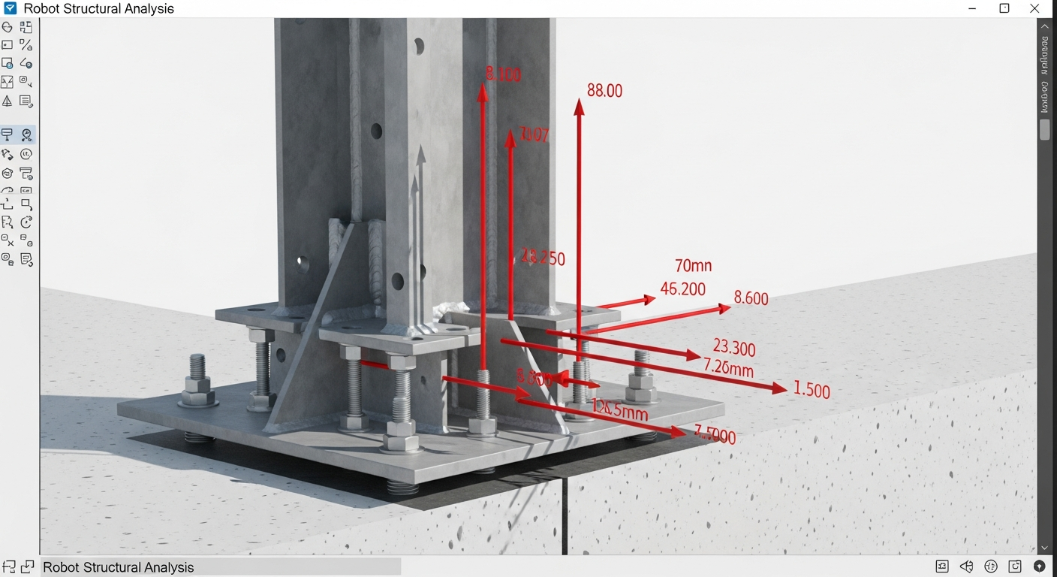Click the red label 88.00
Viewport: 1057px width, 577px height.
click(x=604, y=91)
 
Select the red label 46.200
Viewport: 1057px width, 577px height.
click(x=682, y=289)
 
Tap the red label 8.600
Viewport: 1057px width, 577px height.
click(x=751, y=298)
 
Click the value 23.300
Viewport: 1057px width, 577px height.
click(x=734, y=348)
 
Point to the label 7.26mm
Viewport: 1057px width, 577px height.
click(x=728, y=368)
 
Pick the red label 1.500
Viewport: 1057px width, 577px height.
click(x=812, y=391)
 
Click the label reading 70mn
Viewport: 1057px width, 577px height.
click(x=693, y=266)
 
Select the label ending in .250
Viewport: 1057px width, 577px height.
click(x=543, y=258)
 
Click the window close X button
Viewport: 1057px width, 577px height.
click(x=1034, y=9)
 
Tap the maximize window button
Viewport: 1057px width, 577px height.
click(x=1004, y=9)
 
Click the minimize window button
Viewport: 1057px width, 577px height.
click(x=973, y=9)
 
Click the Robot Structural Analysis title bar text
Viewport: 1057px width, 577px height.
click(x=99, y=9)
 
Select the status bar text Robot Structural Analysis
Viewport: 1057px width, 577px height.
click(x=119, y=567)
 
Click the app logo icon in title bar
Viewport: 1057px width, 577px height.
click(x=11, y=9)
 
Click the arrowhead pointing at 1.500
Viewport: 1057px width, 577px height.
click(x=779, y=388)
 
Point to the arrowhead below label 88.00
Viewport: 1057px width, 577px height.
click(x=579, y=107)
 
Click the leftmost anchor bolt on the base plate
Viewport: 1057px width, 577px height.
click(x=197, y=379)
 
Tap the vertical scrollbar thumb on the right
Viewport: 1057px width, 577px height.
click(x=1044, y=128)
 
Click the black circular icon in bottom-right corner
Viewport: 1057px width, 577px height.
click(x=1040, y=566)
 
